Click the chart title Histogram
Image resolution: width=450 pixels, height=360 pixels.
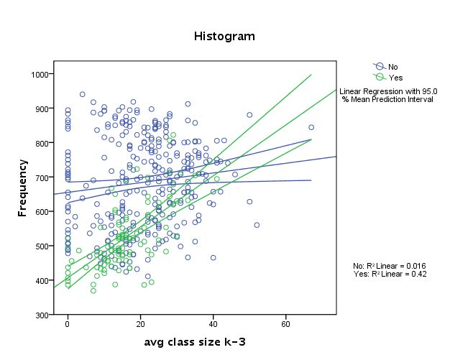(224, 35)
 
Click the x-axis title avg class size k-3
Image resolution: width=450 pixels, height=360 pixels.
(195, 341)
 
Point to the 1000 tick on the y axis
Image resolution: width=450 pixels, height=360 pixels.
(40, 74)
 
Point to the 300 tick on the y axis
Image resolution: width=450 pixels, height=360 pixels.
(42, 315)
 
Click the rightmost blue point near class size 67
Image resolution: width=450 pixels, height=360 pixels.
(311, 127)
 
